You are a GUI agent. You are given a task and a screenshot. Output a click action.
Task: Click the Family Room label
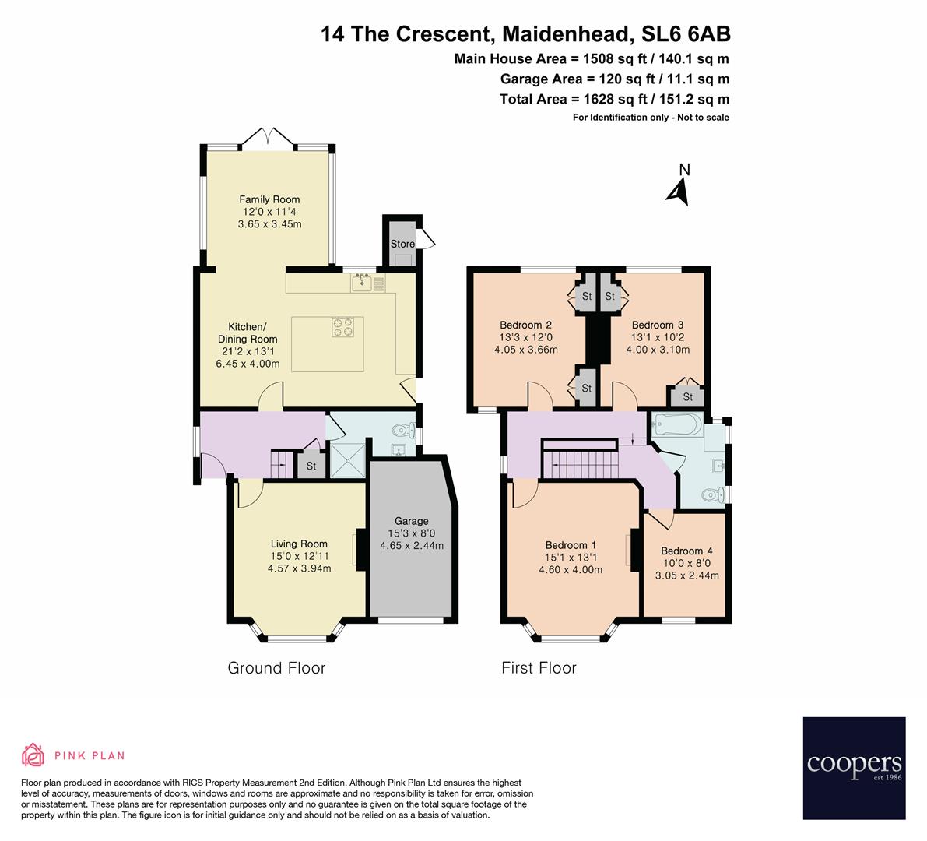pos(269,199)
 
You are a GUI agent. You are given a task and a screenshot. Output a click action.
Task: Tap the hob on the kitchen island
pos(342,327)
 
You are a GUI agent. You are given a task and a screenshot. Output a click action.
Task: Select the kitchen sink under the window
pos(362,283)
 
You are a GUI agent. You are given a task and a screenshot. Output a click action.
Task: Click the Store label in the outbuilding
pos(402,244)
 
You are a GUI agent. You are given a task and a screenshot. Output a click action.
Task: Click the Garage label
pos(411,521)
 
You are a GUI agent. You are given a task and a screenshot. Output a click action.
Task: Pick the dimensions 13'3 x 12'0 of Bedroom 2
pos(526,337)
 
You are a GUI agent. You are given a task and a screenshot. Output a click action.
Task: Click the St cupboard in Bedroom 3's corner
pos(688,397)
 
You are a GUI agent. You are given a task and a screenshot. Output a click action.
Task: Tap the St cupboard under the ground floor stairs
pos(311,466)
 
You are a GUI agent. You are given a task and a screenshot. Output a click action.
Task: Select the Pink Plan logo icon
pos(33,755)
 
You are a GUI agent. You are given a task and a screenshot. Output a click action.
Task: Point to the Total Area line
pos(613,99)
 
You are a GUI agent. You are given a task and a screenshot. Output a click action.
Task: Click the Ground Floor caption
pos(276,667)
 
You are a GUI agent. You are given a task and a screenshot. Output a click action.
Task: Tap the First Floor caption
pos(539,667)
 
